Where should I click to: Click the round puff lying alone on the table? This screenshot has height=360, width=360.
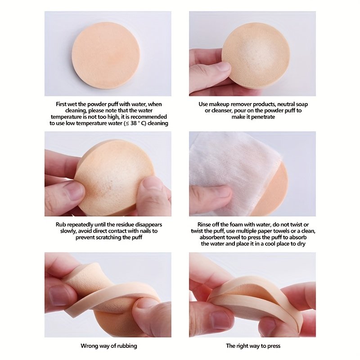click(x=106, y=55)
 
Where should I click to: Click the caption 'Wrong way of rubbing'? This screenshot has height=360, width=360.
click(x=109, y=346)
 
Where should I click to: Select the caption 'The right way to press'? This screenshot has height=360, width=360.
click(x=253, y=346)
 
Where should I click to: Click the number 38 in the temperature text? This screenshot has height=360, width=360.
click(x=134, y=123)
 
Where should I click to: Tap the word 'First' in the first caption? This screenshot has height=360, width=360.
click(x=61, y=104)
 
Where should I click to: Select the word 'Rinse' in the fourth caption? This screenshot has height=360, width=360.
click(x=204, y=225)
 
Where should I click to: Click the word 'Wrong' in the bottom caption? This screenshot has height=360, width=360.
click(x=89, y=346)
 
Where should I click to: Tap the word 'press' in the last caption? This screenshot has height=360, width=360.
click(x=274, y=346)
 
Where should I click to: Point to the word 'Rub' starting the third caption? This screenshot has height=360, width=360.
click(x=60, y=225)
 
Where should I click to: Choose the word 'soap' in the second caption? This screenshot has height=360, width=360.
click(x=301, y=104)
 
